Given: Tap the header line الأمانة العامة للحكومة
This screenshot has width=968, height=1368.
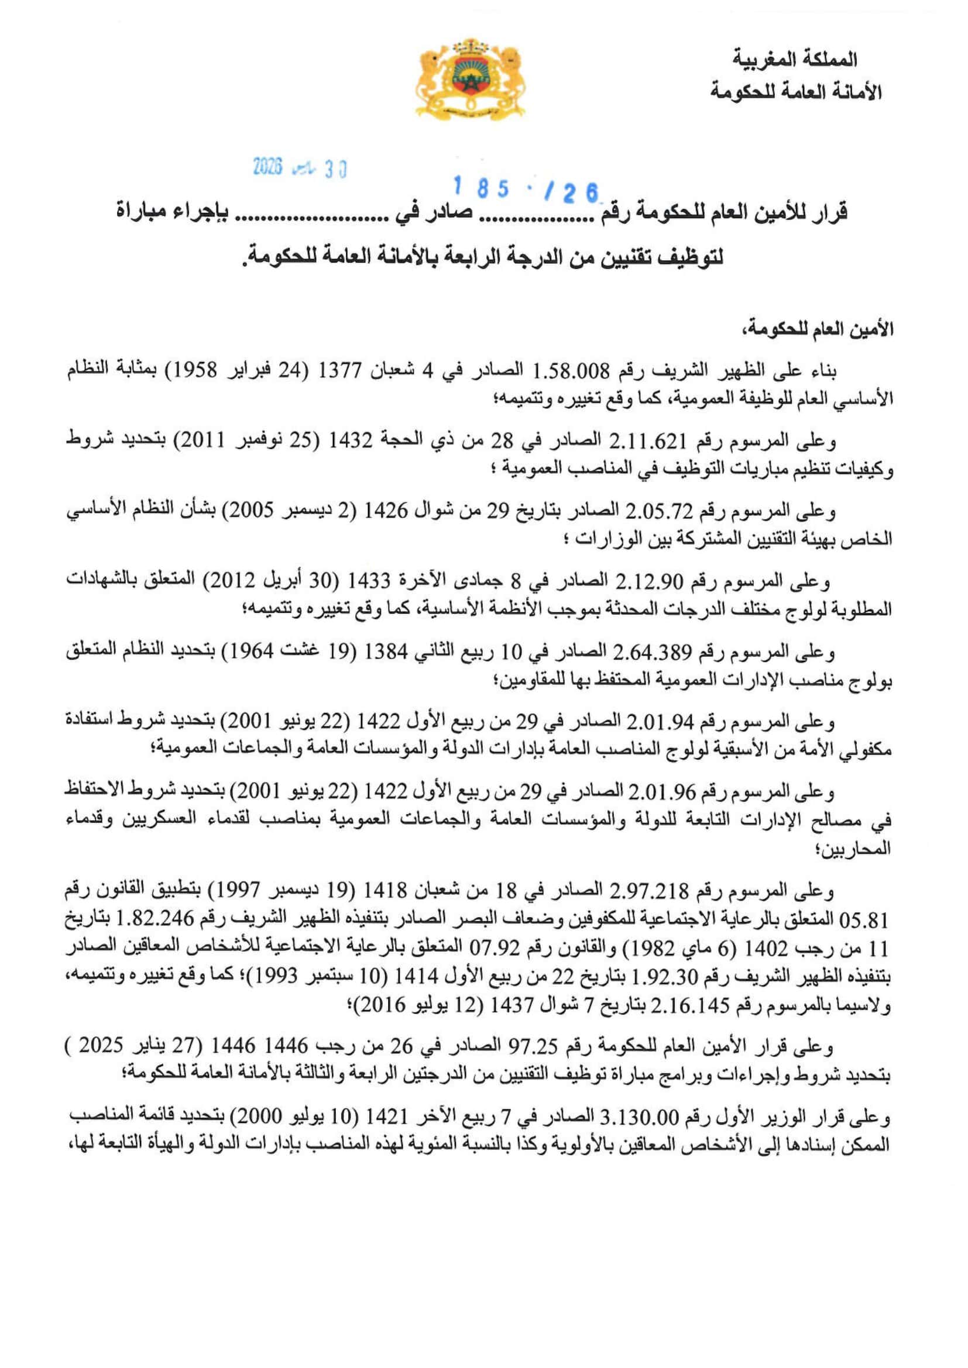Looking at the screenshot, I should click(796, 92).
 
